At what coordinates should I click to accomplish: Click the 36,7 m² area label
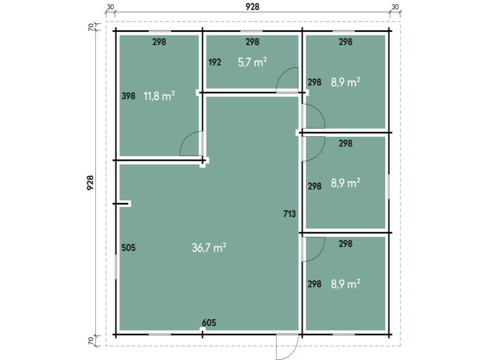209,247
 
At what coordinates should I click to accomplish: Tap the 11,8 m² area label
159,96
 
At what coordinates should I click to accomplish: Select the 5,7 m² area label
252,62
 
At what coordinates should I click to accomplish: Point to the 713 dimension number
289,214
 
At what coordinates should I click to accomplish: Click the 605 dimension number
209,323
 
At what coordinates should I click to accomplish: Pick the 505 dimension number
128,247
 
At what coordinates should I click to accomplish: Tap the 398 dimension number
128,96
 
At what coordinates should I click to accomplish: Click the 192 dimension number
215,62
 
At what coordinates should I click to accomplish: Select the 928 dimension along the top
252,7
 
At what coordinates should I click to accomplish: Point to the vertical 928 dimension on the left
90,183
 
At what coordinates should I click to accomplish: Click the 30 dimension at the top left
110,7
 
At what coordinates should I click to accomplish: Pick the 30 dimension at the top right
395,7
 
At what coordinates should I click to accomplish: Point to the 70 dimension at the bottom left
91,340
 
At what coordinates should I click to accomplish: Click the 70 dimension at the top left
91,27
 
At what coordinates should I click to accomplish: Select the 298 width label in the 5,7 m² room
252,41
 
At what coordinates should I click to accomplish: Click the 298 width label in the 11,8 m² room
159,41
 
